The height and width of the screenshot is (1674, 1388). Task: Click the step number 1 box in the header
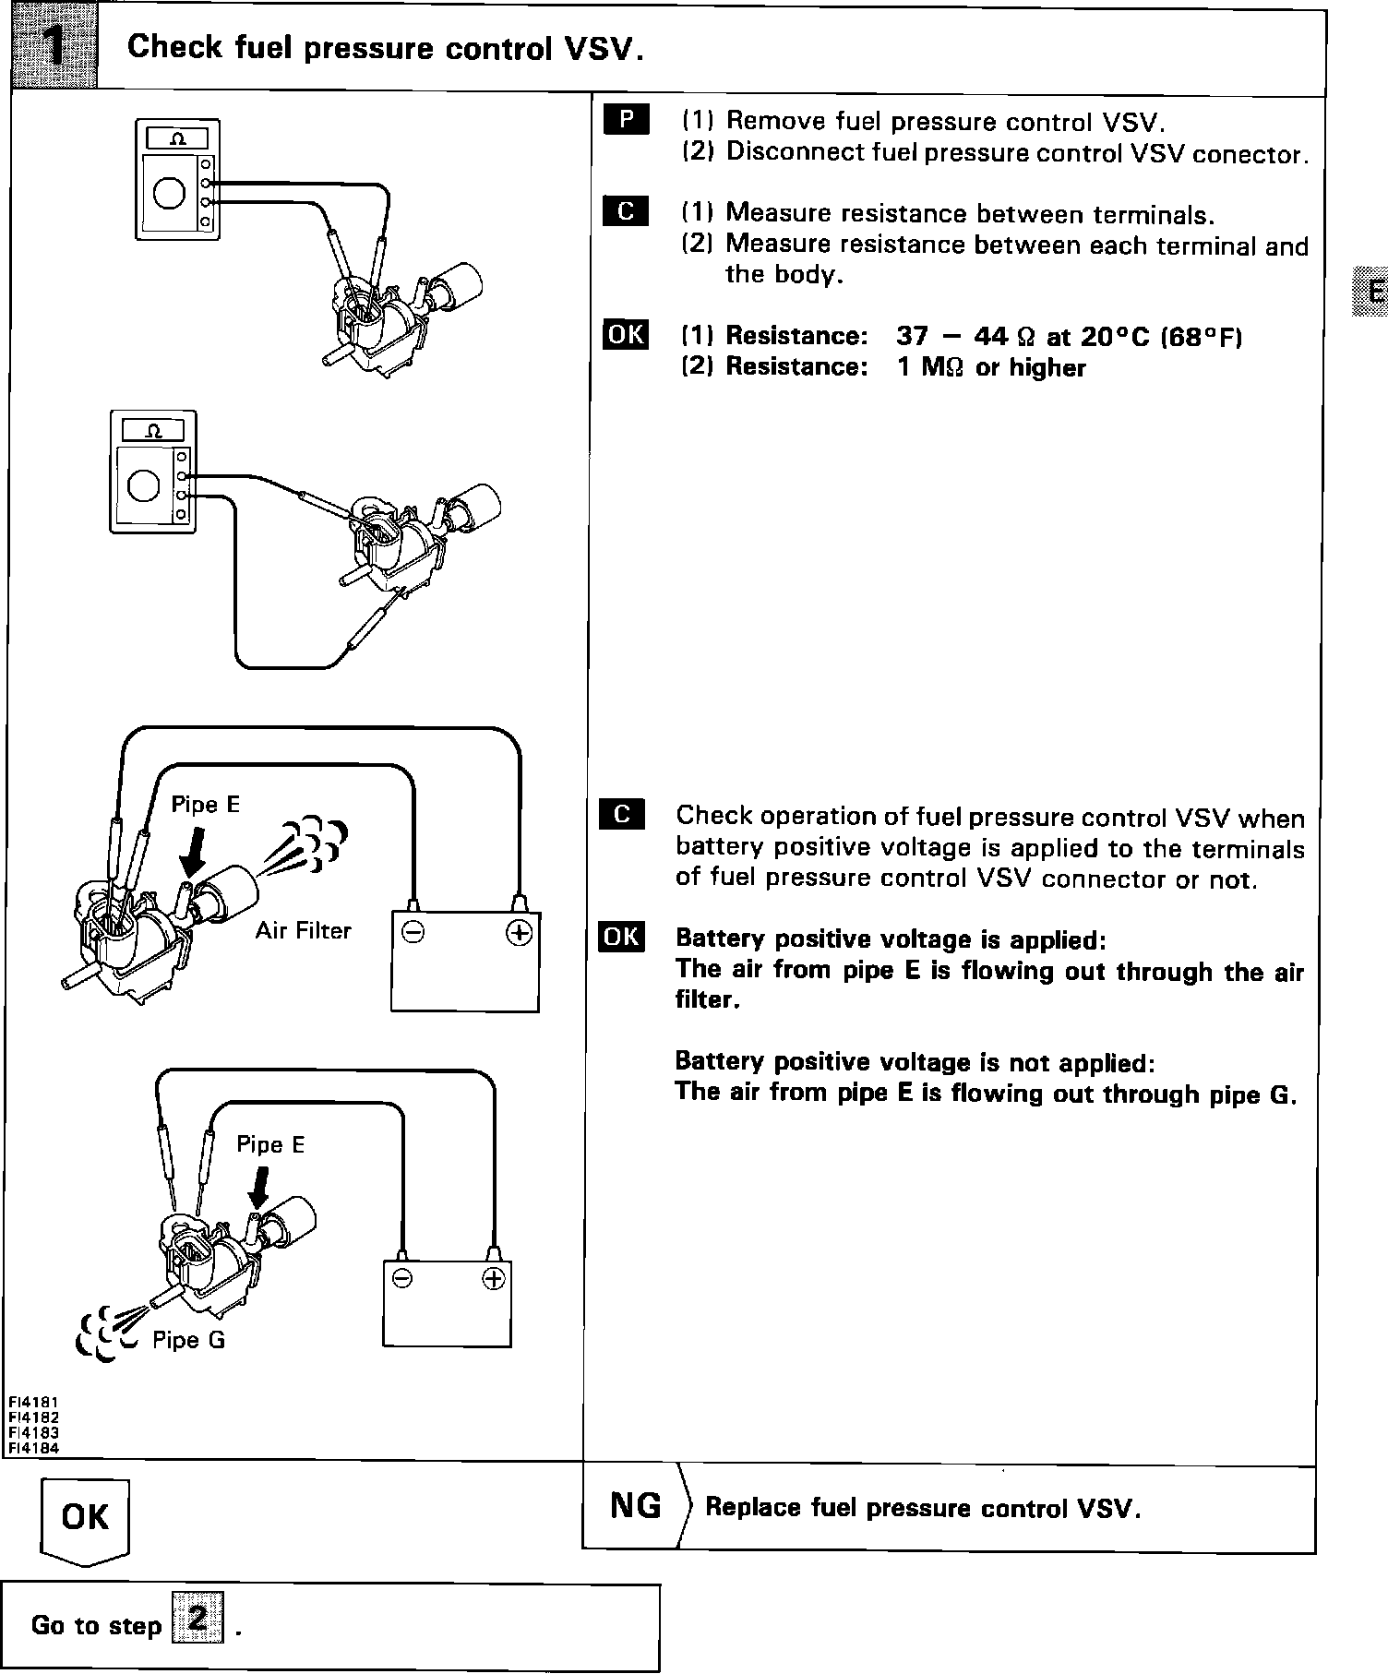[54, 48]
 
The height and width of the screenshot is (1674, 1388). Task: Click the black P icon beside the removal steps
[626, 119]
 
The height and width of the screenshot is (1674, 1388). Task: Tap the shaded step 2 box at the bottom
[198, 1623]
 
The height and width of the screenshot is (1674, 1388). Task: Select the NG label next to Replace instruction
[636, 1505]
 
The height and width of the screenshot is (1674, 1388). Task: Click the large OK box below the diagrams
[85, 1516]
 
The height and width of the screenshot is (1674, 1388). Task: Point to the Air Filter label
[304, 930]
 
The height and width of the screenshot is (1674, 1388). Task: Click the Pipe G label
[188, 1339]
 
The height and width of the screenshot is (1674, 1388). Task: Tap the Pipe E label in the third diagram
[205, 804]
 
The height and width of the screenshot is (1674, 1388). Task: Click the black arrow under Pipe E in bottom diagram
[259, 1188]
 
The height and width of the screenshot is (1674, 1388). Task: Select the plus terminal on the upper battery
[520, 933]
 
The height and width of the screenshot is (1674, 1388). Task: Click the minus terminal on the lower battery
[401, 1278]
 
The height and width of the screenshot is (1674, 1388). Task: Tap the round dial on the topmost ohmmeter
[170, 192]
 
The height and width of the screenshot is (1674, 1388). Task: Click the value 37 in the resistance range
[912, 336]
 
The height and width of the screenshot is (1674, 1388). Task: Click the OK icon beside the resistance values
[626, 334]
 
